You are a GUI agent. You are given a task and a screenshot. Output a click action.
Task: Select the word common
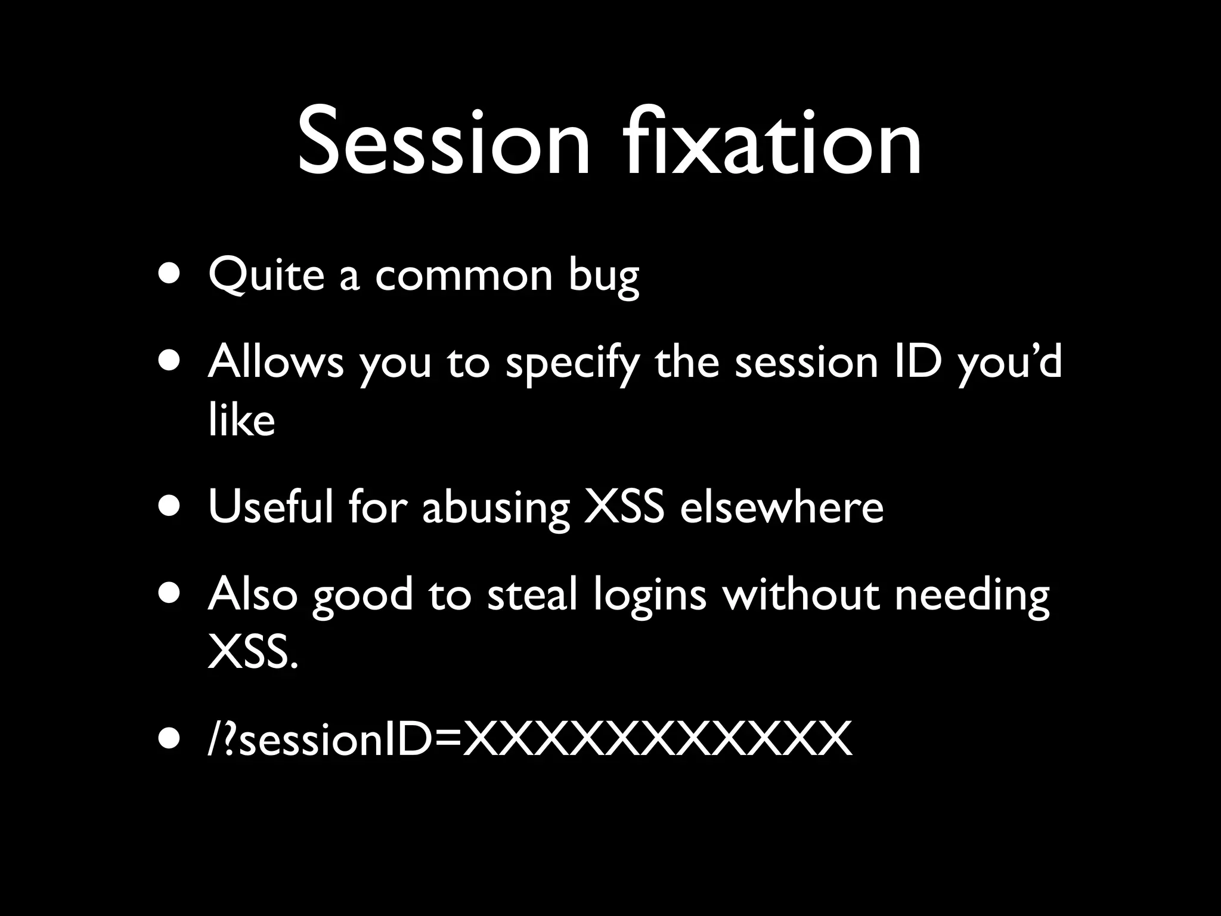click(x=464, y=276)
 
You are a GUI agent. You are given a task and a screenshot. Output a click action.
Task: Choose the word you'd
click(x=1011, y=364)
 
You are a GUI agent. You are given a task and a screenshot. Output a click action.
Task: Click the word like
click(x=241, y=420)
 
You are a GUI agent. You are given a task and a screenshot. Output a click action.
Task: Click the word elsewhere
click(x=782, y=507)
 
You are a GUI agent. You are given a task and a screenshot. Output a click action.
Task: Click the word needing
click(x=972, y=597)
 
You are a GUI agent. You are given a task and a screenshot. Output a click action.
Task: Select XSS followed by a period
click(x=252, y=653)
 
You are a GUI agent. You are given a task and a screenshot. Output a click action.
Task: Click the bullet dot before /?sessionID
click(x=170, y=740)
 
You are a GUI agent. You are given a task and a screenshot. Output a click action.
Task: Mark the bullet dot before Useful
click(x=170, y=507)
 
